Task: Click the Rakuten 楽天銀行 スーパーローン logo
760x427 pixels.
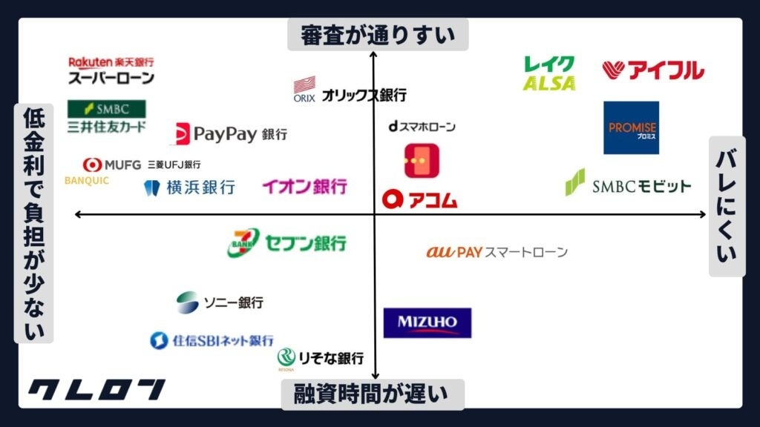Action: coord(111,70)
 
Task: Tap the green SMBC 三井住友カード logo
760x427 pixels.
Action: coord(107,117)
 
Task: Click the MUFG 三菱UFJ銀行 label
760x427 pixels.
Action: coord(142,165)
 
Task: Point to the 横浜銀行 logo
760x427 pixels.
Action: coord(189,188)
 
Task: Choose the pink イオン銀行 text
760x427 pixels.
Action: coord(304,187)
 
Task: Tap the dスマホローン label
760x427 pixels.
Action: coord(422,127)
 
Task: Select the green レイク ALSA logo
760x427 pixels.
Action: coord(549,73)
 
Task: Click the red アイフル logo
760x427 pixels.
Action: coord(653,70)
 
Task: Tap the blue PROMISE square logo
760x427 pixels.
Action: coord(631,128)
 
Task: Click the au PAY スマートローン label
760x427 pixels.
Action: coord(497,252)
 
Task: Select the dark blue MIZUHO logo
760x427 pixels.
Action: coord(427,322)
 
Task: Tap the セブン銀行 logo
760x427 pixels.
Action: coord(286,243)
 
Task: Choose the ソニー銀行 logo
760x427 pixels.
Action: coord(220,302)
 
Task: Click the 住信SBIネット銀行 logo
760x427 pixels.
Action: coord(212,340)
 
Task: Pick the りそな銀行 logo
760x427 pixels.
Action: coord(321,358)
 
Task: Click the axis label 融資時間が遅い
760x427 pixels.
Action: coord(373,394)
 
